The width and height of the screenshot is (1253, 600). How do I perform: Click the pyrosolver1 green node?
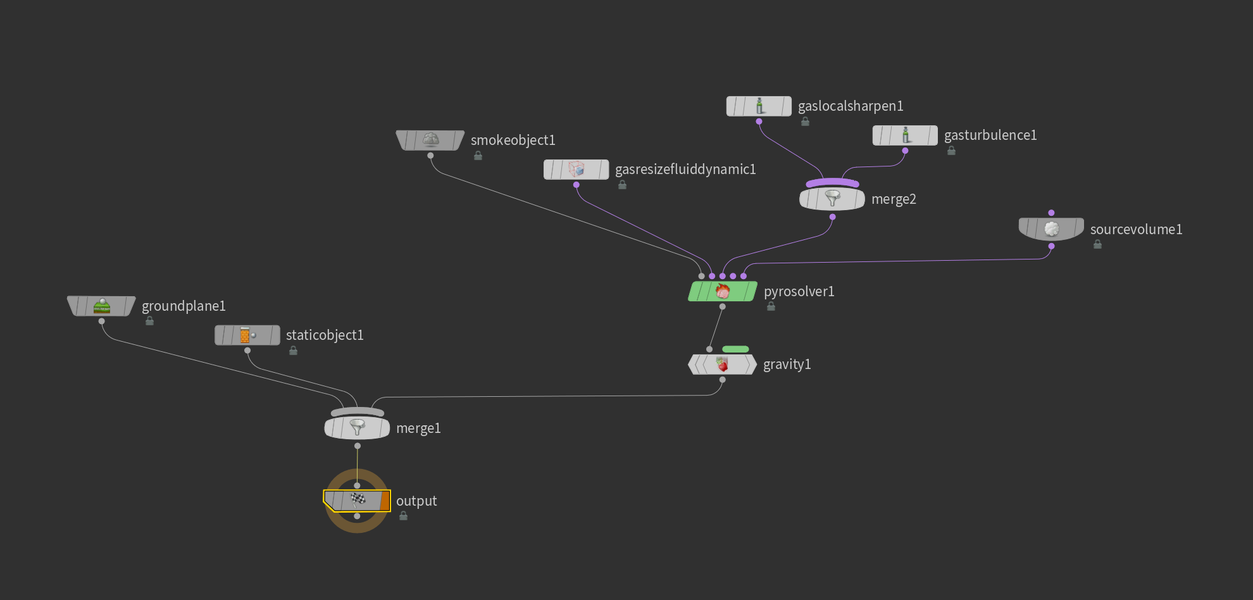click(x=723, y=291)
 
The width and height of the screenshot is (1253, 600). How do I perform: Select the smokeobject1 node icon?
click(x=430, y=140)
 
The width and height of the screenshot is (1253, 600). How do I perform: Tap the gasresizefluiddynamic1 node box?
click(x=576, y=170)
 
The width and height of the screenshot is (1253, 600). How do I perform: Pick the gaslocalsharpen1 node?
click(x=759, y=106)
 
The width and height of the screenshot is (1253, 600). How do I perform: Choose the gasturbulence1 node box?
click(x=905, y=135)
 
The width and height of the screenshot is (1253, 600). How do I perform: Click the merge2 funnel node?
click(x=832, y=199)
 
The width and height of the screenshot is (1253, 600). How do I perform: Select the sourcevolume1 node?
click(x=1051, y=229)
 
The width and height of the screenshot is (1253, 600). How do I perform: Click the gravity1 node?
click(x=722, y=365)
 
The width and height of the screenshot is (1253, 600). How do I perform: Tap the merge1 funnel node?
click(x=357, y=428)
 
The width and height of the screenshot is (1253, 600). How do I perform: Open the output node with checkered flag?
click(x=357, y=501)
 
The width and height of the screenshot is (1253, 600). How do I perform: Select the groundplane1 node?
click(x=101, y=306)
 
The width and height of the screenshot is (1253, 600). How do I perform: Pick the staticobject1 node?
click(x=247, y=335)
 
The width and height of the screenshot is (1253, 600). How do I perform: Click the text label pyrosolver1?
click(x=799, y=292)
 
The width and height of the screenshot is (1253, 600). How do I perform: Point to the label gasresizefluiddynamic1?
click(x=685, y=170)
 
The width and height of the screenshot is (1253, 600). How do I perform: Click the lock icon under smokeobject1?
click(x=478, y=156)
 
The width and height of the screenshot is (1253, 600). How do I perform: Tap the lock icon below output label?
click(x=403, y=516)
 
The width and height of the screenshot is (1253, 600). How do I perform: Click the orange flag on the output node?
click(x=385, y=501)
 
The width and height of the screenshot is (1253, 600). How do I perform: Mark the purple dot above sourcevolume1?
click(x=1051, y=213)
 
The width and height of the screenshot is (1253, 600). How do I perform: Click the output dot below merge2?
click(x=832, y=217)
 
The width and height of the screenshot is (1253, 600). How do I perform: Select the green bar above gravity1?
click(x=735, y=349)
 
